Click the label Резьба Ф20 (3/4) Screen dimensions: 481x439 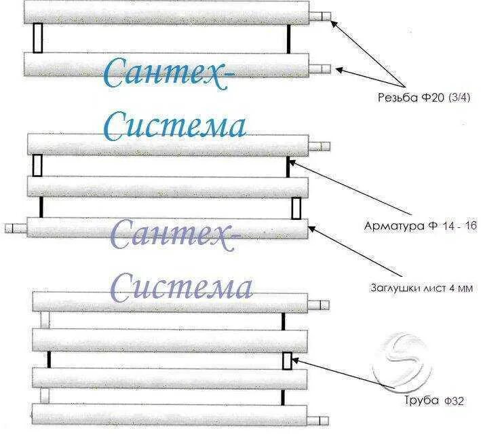(423, 96)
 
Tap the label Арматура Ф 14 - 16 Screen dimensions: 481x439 (421, 226)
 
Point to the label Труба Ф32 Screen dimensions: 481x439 (426, 400)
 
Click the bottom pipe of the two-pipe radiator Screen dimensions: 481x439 (166, 65)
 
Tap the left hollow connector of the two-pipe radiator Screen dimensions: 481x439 (39, 38)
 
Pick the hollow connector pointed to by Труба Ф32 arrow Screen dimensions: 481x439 (287, 360)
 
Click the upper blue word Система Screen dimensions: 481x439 (175, 126)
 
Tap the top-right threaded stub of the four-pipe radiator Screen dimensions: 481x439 (319, 302)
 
